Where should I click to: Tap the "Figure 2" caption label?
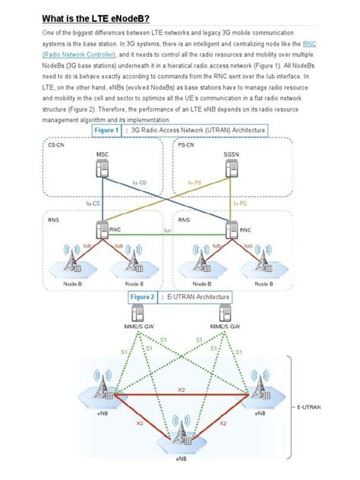(x=143, y=297)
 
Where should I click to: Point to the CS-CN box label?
(x=55, y=144)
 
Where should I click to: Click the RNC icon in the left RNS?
(x=103, y=228)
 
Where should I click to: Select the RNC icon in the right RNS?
(x=232, y=228)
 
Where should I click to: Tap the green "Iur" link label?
(x=167, y=230)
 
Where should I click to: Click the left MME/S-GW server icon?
(x=139, y=313)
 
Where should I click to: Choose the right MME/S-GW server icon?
(x=226, y=313)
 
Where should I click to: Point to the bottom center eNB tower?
(x=182, y=430)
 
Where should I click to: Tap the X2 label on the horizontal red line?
(x=181, y=390)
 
